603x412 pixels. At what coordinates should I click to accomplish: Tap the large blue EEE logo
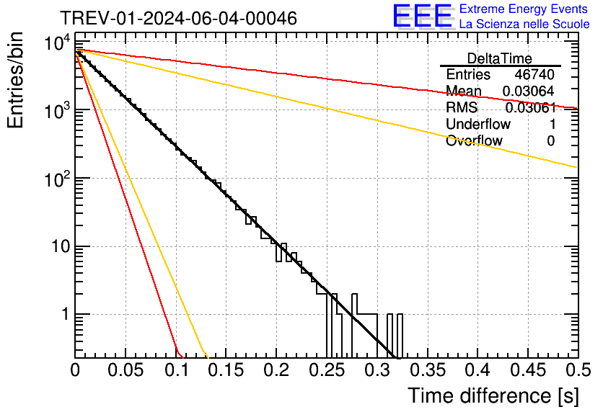click(422, 16)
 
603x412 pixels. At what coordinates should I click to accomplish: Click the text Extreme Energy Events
click(524, 9)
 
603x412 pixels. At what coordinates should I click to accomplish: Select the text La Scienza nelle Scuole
click(524, 24)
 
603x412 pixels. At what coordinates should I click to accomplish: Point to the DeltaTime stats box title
click(500, 58)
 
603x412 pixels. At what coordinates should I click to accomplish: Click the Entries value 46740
click(534, 75)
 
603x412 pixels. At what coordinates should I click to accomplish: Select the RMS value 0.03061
click(530, 108)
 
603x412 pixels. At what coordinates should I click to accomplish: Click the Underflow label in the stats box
click(478, 124)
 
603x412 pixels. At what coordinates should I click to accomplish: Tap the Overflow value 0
click(550, 140)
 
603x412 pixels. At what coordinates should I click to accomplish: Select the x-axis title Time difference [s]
click(493, 395)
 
